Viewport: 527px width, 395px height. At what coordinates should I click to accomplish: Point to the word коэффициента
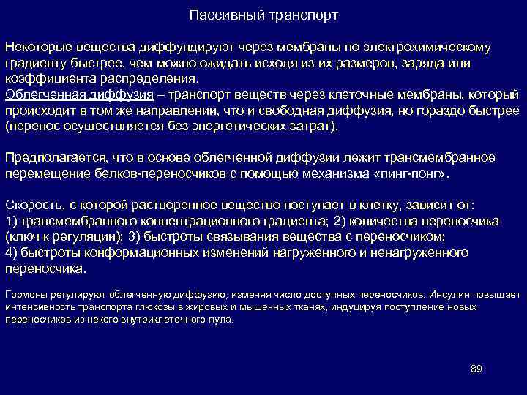43,79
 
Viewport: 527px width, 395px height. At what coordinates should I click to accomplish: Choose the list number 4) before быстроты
11,253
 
